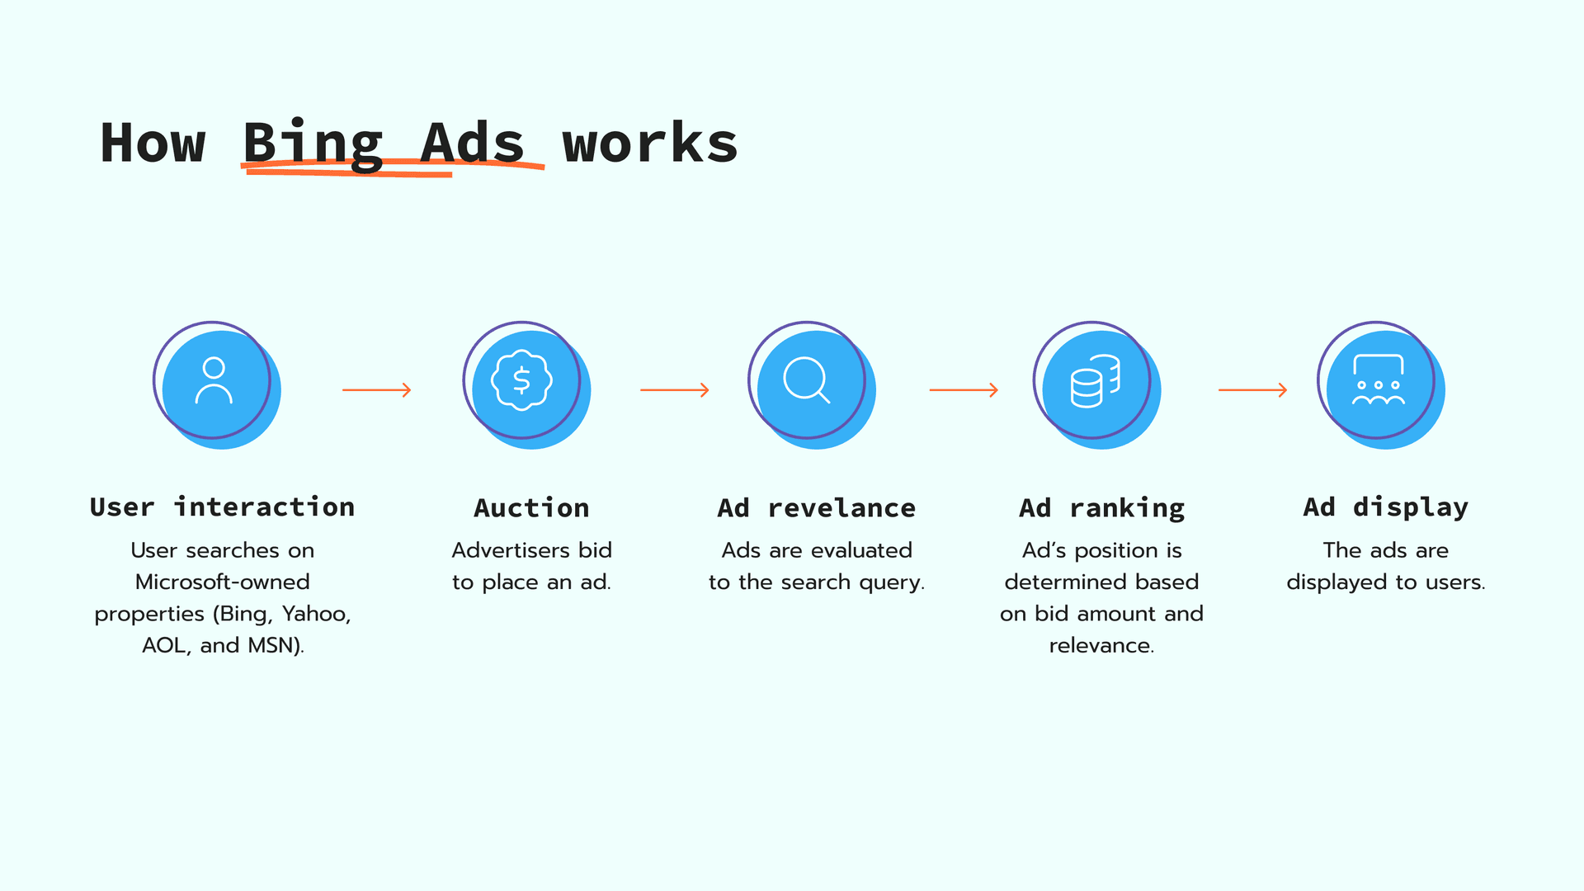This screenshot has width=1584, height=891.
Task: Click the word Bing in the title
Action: tap(313, 144)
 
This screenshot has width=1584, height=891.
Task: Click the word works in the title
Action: tap(650, 144)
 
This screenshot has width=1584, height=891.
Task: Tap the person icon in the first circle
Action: tap(214, 380)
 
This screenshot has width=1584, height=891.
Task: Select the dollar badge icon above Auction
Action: tap(521, 380)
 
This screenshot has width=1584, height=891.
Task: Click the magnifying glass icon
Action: tap(806, 380)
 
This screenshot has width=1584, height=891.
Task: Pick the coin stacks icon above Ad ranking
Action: tap(1095, 381)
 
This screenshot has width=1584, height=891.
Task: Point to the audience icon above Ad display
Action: tap(1378, 380)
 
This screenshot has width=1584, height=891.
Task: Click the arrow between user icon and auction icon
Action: tap(377, 389)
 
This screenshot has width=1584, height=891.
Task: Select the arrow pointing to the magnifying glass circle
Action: tap(675, 389)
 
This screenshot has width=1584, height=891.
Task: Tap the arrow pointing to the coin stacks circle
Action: tap(964, 389)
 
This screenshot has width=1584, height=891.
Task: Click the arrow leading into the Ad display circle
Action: tap(1252, 389)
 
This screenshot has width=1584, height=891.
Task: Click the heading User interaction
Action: tap(222, 507)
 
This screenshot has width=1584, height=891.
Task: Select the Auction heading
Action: tap(531, 507)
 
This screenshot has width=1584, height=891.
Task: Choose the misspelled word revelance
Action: tap(841, 507)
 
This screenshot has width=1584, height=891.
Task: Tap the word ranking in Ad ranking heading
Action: tap(1127, 508)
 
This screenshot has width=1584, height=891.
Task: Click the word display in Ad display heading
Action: tap(1411, 507)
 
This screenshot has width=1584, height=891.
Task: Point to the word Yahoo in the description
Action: tap(316, 614)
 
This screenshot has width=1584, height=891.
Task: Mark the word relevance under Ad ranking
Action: tap(1101, 645)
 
